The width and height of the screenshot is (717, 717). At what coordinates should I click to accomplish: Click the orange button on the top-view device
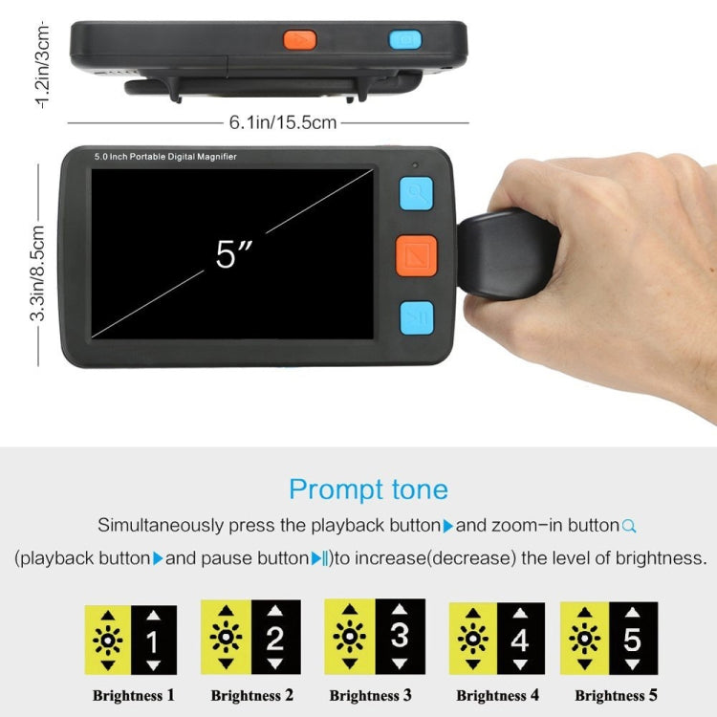click(299, 40)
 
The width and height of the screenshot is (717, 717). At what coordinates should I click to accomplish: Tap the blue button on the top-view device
click(404, 40)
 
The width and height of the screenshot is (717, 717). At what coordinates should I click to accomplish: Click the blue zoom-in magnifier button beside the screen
click(416, 194)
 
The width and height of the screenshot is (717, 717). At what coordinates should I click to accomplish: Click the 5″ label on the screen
click(232, 253)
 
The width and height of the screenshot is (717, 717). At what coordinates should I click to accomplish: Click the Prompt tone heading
click(368, 490)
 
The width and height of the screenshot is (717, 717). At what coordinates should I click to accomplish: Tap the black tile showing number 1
click(153, 639)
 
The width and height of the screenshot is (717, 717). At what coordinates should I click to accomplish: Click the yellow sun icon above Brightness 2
click(227, 636)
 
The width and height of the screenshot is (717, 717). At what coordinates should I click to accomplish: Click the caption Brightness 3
click(371, 695)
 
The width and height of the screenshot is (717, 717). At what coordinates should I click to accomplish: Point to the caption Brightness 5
click(617, 696)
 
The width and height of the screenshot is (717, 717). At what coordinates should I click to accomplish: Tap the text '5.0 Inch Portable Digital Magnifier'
click(165, 156)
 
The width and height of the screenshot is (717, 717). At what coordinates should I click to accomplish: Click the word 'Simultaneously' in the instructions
click(158, 526)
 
